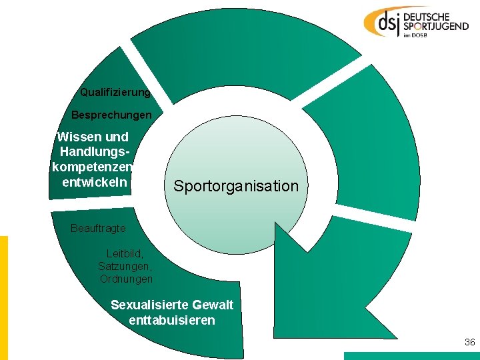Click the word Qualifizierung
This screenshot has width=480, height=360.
[x=115, y=92]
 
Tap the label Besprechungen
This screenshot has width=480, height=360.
[x=111, y=115]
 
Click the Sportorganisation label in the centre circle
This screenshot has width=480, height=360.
[x=236, y=186]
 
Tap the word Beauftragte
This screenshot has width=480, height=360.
[x=98, y=229]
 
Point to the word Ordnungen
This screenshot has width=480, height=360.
[x=126, y=279]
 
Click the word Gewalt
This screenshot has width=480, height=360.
[x=211, y=305]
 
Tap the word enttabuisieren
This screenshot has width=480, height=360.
[x=172, y=321]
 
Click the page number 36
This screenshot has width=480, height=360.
[x=469, y=343]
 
